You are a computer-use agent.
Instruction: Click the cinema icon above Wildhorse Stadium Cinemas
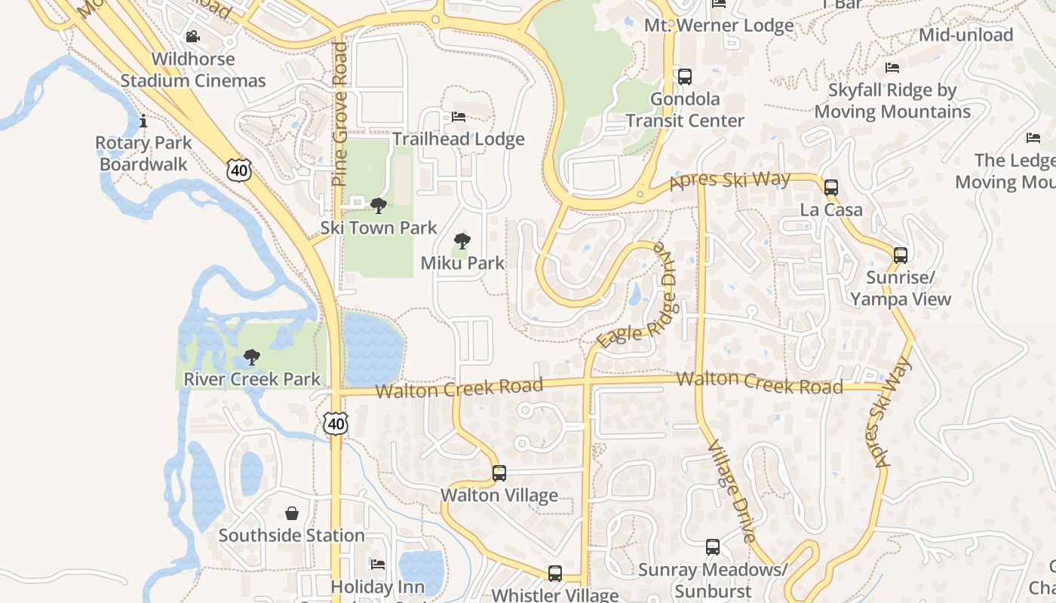coord(192,36)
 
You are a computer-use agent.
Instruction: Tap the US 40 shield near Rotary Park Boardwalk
coord(238,170)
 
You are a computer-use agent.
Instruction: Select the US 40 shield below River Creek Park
coord(336,423)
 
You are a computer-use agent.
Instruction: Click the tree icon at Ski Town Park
coord(379,205)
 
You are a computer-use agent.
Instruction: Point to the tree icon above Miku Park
coord(462,241)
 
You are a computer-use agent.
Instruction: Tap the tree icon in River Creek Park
coord(252,357)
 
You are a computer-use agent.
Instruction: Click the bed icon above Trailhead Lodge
coord(458,117)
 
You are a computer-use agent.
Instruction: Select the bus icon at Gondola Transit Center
coord(684,76)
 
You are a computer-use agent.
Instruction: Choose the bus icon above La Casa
coord(831,187)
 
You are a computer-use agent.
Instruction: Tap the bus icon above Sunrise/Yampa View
coord(901,255)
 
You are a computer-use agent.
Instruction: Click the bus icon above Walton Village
coord(499,473)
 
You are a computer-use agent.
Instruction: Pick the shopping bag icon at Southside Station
coord(292,513)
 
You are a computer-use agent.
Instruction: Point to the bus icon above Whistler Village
coord(555,573)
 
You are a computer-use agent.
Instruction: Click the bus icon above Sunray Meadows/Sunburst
coord(713,547)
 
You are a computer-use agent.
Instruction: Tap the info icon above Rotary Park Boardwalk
coord(143,121)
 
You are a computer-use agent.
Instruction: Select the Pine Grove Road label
coord(339,113)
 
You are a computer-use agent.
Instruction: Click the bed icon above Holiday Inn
coord(378,564)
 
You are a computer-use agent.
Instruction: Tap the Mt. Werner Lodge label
coord(719,26)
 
